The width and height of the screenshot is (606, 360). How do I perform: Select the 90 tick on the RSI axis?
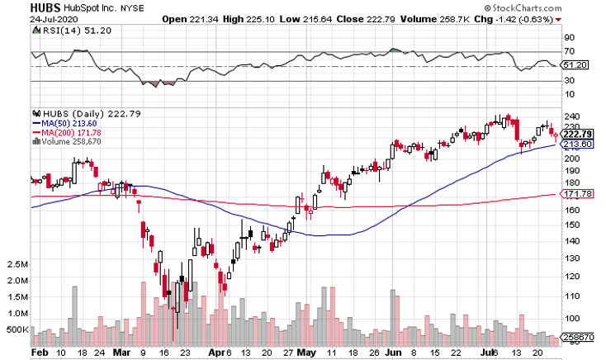(x=569, y=38)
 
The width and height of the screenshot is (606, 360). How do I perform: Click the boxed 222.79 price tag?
(x=575, y=134)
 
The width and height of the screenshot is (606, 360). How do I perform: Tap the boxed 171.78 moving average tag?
(x=575, y=193)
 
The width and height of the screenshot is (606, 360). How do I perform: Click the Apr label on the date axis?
(x=215, y=352)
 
